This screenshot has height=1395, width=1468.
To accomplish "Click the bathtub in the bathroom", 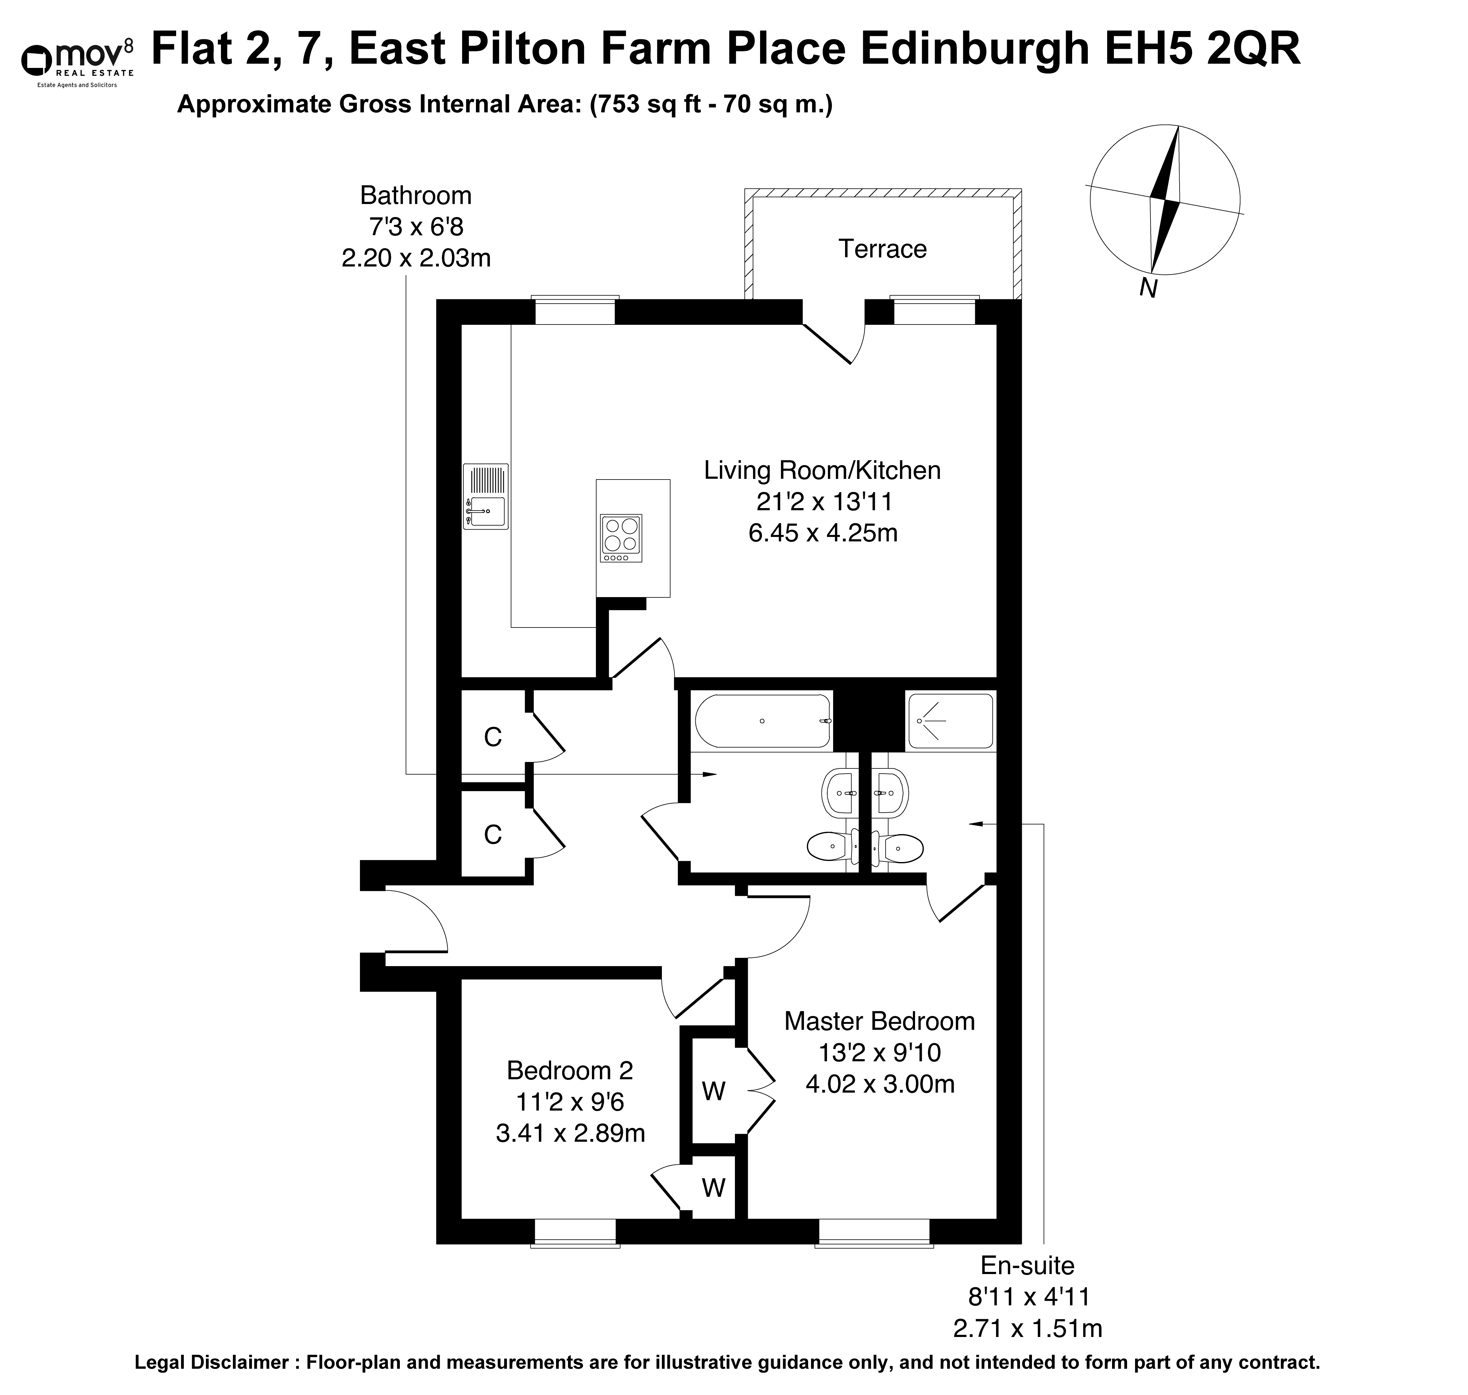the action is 763,721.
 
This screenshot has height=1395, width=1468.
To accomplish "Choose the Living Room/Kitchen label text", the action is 822,470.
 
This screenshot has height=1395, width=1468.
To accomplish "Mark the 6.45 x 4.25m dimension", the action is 823,533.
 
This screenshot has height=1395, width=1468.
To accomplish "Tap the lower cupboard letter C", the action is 493,835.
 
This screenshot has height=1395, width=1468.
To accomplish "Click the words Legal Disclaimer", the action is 212,1362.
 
